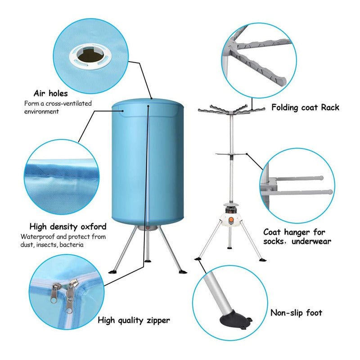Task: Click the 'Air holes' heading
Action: tap(51, 94)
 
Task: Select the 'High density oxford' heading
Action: tap(68, 227)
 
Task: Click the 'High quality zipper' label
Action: tap(134, 320)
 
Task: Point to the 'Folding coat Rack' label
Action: tap(306, 107)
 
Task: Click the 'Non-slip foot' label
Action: tap(296, 313)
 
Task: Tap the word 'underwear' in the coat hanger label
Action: tap(311, 241)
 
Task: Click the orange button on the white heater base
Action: tap(231, 220)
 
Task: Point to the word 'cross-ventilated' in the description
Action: tap(69, 103)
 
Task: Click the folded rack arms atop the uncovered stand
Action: tap(231, 109)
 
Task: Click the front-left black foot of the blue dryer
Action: tap(112, 272)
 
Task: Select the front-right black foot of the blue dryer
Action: tap(183, 272)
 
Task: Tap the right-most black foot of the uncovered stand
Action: tap(262, 260)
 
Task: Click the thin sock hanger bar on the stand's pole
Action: tap(231, 154)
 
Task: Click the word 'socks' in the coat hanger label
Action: tap(273, 241)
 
